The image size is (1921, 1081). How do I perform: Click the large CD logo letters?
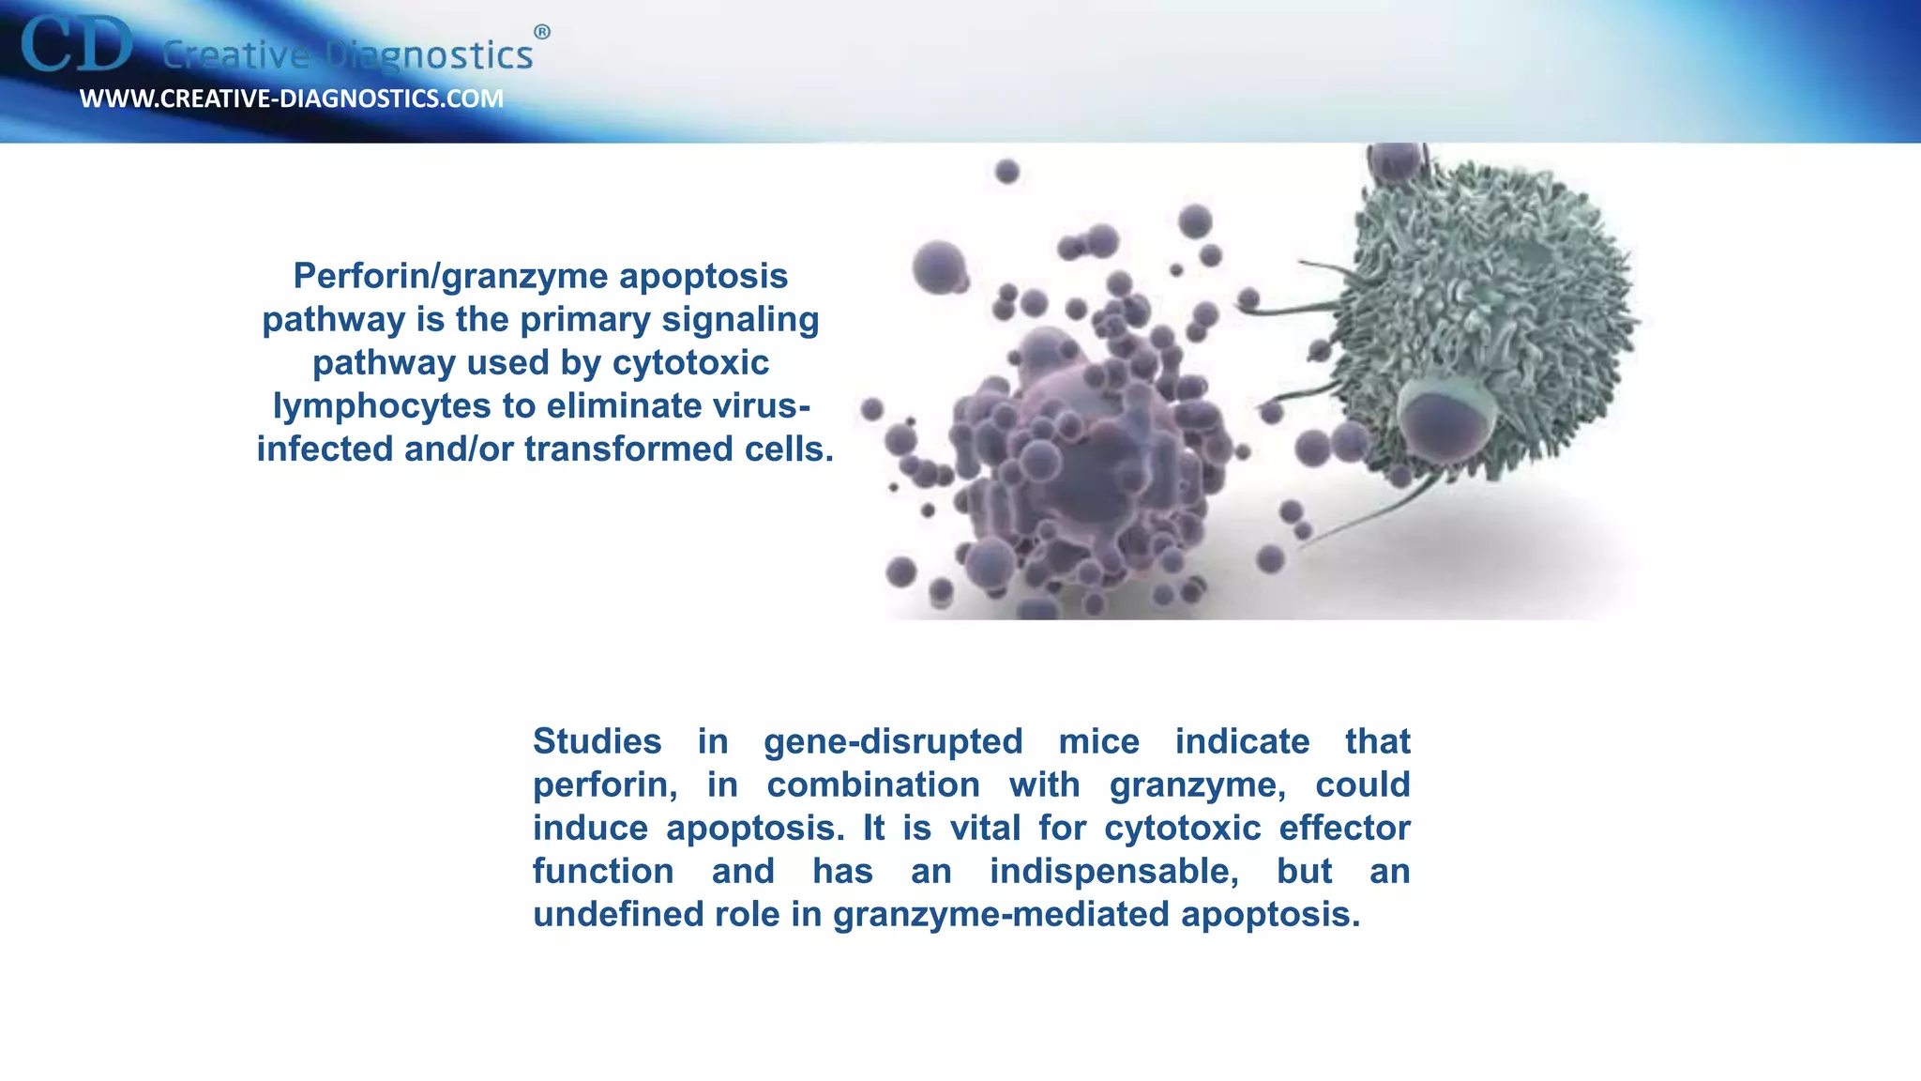(77, 45)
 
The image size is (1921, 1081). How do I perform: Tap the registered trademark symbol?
(542, 33)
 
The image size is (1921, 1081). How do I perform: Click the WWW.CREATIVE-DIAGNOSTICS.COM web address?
(292, 99)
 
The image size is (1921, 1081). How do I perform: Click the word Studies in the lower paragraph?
(597, 741)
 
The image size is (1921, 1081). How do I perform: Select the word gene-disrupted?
(893, 741)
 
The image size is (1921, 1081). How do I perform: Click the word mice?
(1098, 741)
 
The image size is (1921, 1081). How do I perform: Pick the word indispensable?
(1113, 871)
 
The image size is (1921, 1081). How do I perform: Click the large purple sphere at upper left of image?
(939, 266)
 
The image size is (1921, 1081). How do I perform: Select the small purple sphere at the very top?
(1006, 172)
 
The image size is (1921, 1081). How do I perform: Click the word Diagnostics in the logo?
(430, 55)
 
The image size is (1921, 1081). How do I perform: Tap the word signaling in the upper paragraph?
(740, 319)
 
